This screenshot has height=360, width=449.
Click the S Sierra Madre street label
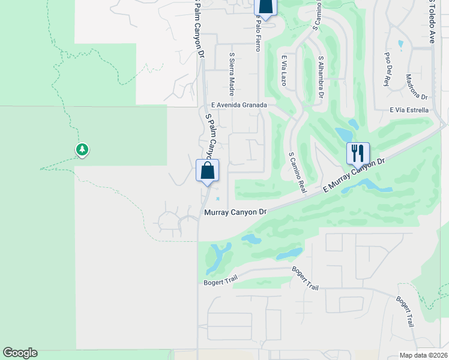tap(231, 74)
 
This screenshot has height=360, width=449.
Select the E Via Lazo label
tap(285, 70)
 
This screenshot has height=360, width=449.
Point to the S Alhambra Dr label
tap(321, 77)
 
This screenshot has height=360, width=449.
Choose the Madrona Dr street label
tap(416, 87)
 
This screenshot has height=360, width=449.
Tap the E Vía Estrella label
tap(409, 110)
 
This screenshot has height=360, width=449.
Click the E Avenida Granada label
tap(237, 104)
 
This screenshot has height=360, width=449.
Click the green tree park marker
tap(82, 149)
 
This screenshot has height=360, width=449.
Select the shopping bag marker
tap(207, 170)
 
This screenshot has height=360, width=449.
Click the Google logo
tap(20, 353)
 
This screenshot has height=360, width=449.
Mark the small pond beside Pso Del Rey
tap(400, 44)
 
